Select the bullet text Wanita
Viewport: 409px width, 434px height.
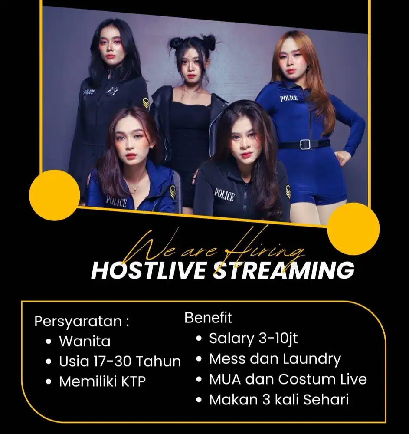point(85,341)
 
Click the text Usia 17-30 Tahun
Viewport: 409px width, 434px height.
point(120,361)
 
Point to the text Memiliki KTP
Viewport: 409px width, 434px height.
point(102,381)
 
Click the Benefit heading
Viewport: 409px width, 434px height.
point(208,318)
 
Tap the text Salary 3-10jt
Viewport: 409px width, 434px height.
point(253,338)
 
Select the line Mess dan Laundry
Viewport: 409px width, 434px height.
point(275,359)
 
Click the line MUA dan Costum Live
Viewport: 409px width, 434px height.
point(288,379)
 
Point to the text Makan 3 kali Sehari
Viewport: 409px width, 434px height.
point(279,400)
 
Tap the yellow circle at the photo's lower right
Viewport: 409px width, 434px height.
point(353,228)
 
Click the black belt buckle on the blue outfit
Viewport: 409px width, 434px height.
point(305,145)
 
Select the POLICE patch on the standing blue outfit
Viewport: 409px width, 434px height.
point(289,98)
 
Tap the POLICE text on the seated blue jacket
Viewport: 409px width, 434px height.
point(116,201)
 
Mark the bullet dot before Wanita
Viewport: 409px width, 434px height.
point(49,342)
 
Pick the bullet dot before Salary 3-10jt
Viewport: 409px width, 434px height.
point(199,339)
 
